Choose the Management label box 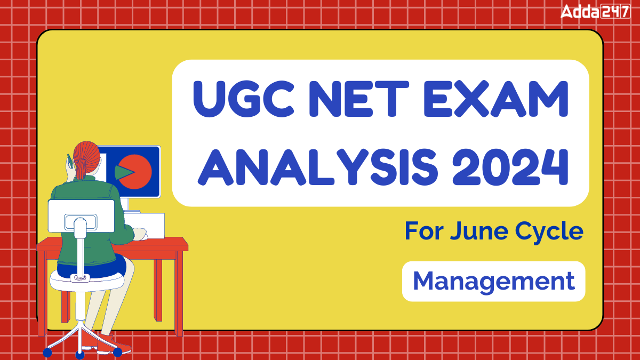click(493, 281)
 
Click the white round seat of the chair click(85, 280)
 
